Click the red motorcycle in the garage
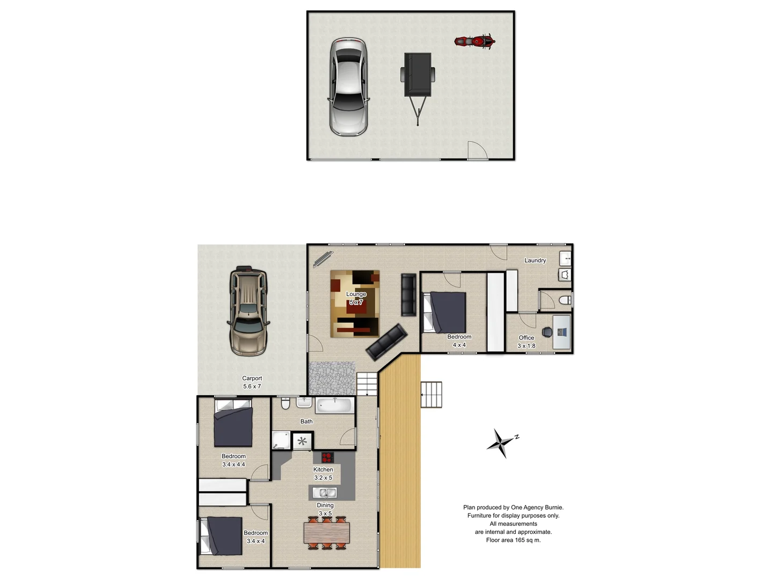(x=475, y=41)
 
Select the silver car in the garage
(x=348, y=86)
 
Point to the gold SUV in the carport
(x=249, y=311)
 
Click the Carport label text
(x=252, y=378)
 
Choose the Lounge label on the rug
(x=356, y=294)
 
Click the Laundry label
(x=535, y=260)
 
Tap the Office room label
(x=526, y=338)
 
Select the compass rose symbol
(x=501, y=443)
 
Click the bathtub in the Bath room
(x=333, y=405)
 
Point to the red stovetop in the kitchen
(x=327, y=458)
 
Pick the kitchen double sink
(x=324, y=492)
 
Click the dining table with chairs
(x=326, y=533)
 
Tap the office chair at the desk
(x=547, y=332)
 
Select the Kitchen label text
(x=323, y=469)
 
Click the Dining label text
(x=325, y=505)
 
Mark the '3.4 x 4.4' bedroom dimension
(x=234, y=465)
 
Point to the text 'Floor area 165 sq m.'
(x=513, y=540)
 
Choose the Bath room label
(x=306, y=422)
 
